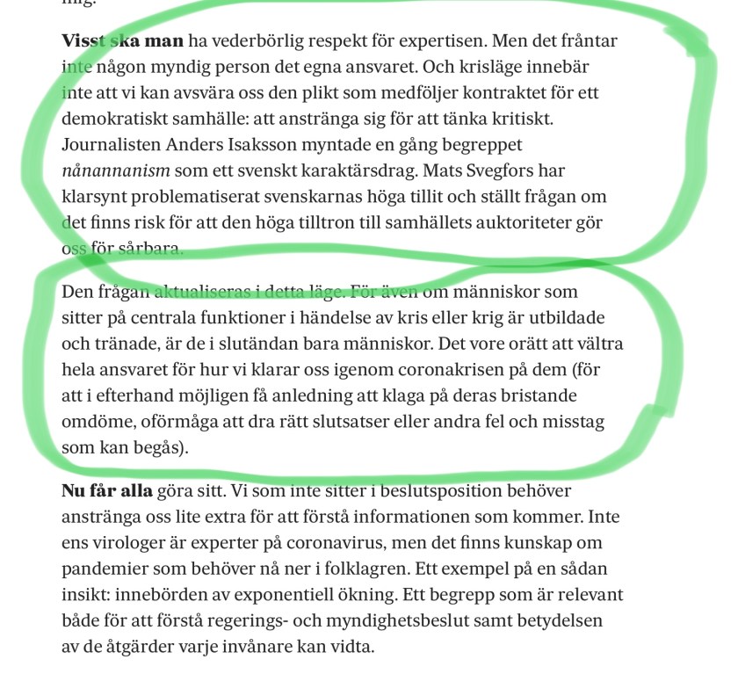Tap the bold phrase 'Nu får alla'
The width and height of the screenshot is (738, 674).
105,489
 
